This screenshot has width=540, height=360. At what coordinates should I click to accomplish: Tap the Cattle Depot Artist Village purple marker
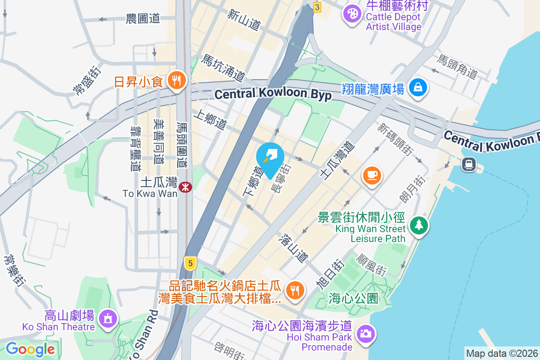click(352, 13)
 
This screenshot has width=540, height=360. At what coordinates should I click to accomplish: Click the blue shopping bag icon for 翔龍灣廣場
click(418, 87)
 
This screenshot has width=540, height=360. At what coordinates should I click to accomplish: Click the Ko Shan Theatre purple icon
click(108, 319)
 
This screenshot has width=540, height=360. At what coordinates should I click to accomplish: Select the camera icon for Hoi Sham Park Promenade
click(365, 333)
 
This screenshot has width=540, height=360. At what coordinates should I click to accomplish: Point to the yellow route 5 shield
click(190, 263)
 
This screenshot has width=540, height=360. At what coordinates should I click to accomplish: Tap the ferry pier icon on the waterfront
click(469, 164)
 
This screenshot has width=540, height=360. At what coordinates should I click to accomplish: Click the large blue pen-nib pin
click(270, 158)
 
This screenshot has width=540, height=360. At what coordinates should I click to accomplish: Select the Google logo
click(30, 349)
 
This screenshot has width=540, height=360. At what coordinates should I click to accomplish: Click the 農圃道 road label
click(143, 19)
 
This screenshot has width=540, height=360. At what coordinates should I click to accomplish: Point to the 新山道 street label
click(243, 20)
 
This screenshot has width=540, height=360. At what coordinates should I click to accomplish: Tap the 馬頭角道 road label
click(458, 67)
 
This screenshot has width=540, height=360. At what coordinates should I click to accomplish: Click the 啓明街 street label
click(229, 351)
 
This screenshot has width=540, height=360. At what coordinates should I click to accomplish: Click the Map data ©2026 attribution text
click(502, 354)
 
